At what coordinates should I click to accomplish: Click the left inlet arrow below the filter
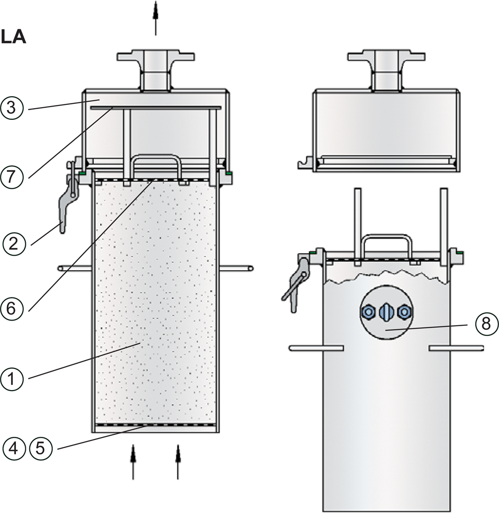pos(133,461)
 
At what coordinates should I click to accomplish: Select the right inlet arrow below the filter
pos(179,461)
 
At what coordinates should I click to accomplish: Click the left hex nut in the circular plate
pos(368,311)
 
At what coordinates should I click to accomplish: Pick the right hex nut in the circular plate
pos(404,311)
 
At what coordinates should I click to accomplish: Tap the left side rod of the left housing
pos(75,268)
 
